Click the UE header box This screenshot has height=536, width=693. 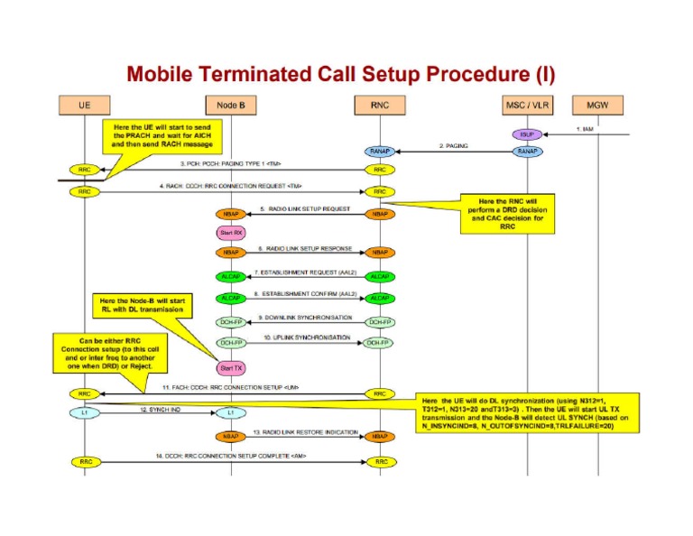84,106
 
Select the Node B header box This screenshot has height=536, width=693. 230,106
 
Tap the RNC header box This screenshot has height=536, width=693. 379,106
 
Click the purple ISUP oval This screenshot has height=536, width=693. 526,134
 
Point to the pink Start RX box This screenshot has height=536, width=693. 230,232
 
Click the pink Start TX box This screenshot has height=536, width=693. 230,367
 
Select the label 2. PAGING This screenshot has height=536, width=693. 455,144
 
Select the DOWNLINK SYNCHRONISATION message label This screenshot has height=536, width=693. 305,317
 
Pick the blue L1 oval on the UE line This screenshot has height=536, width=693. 84,413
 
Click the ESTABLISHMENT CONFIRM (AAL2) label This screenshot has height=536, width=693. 305,294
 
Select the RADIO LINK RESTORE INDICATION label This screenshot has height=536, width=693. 305,431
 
